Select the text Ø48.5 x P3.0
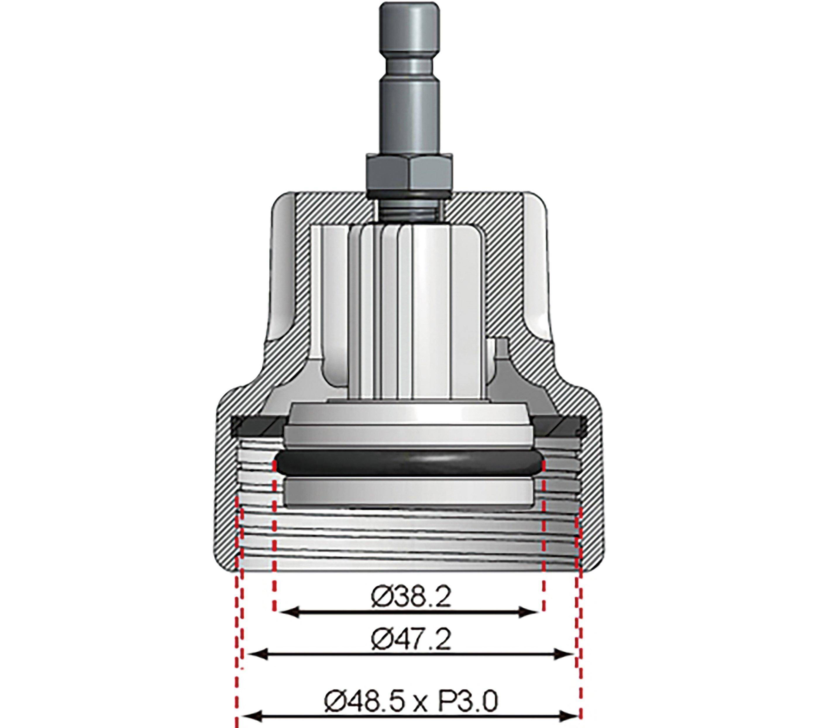(x=411, y=698)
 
